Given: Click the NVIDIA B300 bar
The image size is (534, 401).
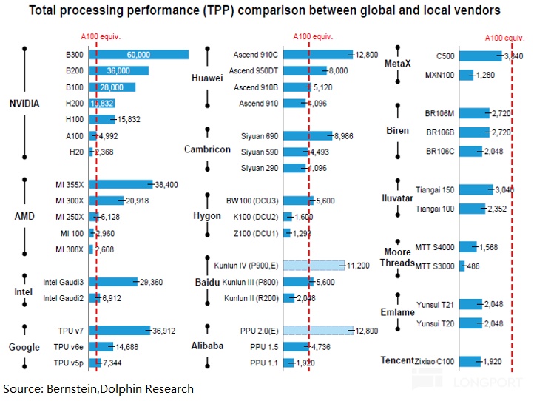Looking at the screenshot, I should click(139, 54).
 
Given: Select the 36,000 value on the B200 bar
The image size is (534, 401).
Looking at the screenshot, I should click(118, 70).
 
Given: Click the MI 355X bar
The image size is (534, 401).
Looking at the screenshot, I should click(120, 184).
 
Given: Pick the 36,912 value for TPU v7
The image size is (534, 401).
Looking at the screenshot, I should click(164, 330).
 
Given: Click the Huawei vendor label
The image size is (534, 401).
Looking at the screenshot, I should click(206, 78).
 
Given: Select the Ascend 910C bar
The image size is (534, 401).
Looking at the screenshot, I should click(319, 54).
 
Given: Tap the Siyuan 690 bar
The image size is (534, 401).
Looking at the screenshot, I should click(308, 135).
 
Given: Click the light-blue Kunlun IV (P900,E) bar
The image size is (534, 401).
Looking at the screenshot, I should click(314, 265).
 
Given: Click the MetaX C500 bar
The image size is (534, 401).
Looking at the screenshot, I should click(480, 55).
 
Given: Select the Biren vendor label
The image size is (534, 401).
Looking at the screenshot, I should click(398, 131).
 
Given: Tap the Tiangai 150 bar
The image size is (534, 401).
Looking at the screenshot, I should click(476, 190).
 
